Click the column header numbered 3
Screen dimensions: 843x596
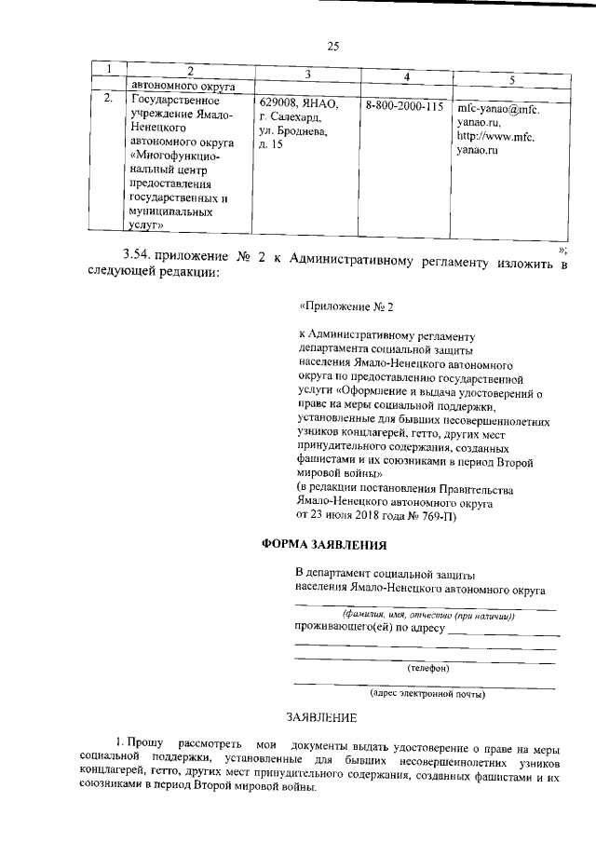tap(307, 74)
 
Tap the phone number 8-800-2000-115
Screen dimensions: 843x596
tap(404, 106)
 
